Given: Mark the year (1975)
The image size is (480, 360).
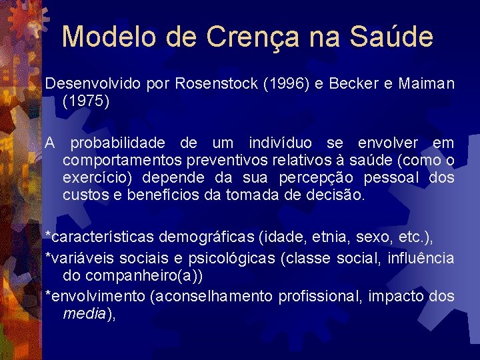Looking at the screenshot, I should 85,102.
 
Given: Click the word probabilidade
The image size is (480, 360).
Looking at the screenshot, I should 120,143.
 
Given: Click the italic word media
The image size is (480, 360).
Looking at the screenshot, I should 82,313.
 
